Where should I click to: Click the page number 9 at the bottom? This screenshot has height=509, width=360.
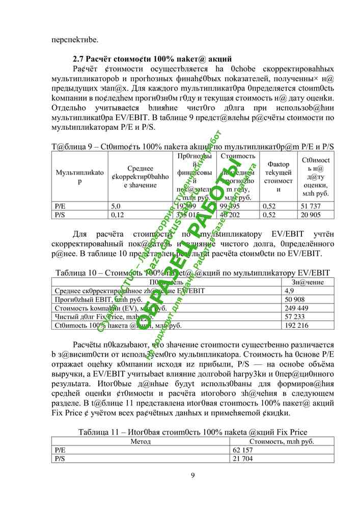click(192, 475)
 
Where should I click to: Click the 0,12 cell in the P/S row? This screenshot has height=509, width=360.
click(117, 215)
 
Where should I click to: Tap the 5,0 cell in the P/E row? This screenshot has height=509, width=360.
click(116, 206)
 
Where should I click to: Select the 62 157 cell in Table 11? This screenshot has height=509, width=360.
click(243, 450)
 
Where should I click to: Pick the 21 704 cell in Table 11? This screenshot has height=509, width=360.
click(243, 459)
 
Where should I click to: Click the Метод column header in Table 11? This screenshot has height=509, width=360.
click(141, 442)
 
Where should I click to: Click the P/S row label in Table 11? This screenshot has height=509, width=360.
click(60, 459)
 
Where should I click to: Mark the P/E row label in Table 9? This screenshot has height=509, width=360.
click(60, 206)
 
